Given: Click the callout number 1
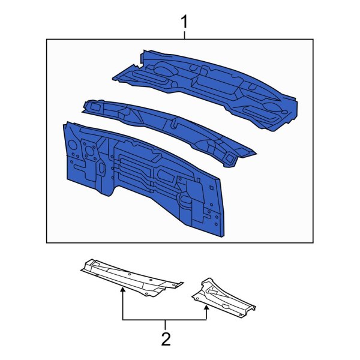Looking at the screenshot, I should pyautogui.click(x=185, y=23).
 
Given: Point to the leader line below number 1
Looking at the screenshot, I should pyautogui.click(x=185, y=35).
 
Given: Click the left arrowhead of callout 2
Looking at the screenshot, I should pyautogui.click(x=123, y=290).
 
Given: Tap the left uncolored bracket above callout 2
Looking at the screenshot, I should pyautogui.click(x=129, y=276).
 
